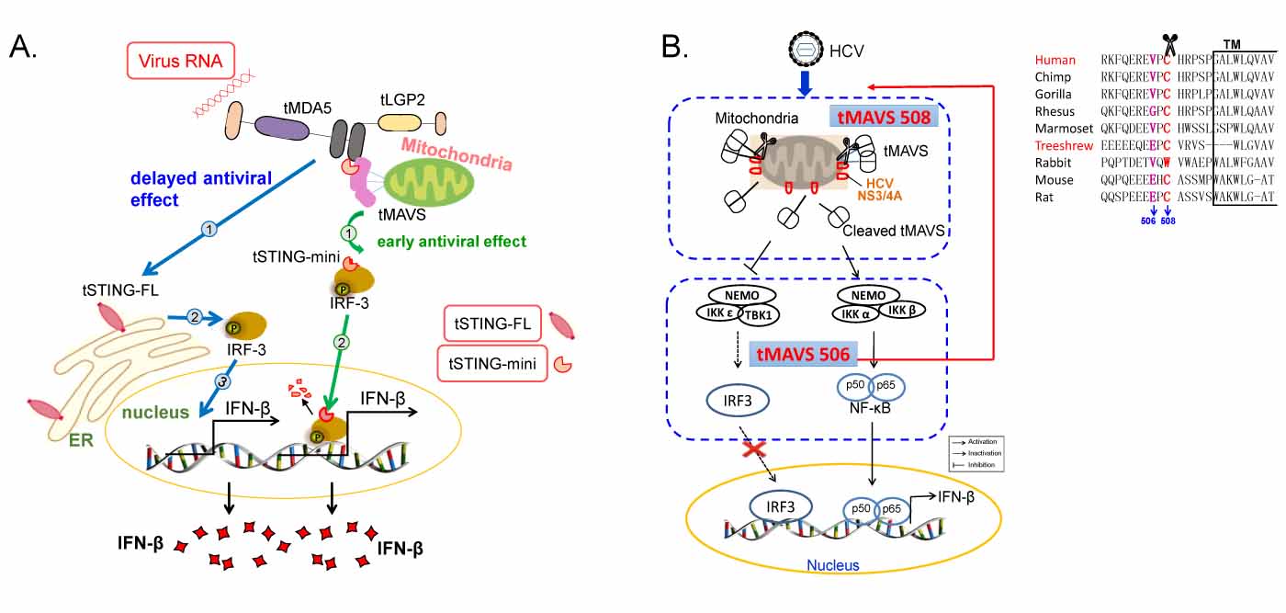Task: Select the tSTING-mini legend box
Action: (494, 363)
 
